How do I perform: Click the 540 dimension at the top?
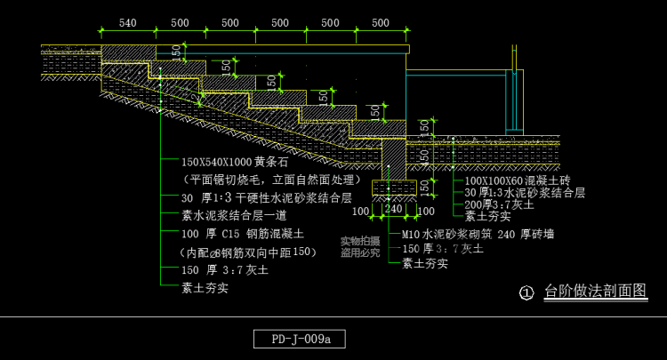127,23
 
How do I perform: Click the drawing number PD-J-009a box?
299,339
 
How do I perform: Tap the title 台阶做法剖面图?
595,291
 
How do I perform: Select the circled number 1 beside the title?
526,292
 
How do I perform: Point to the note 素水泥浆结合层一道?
234,216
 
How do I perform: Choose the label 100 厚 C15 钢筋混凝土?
243,234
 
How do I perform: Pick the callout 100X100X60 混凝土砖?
517,180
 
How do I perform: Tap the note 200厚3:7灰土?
499,204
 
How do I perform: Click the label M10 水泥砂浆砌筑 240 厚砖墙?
478,235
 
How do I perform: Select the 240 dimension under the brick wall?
393,210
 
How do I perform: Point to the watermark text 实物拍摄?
360,241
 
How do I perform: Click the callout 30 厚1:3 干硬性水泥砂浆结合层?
267,198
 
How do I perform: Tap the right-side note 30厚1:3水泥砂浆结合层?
525,193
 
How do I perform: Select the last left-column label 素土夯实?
205,287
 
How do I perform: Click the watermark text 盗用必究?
360,252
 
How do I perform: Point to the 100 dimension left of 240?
360,211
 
